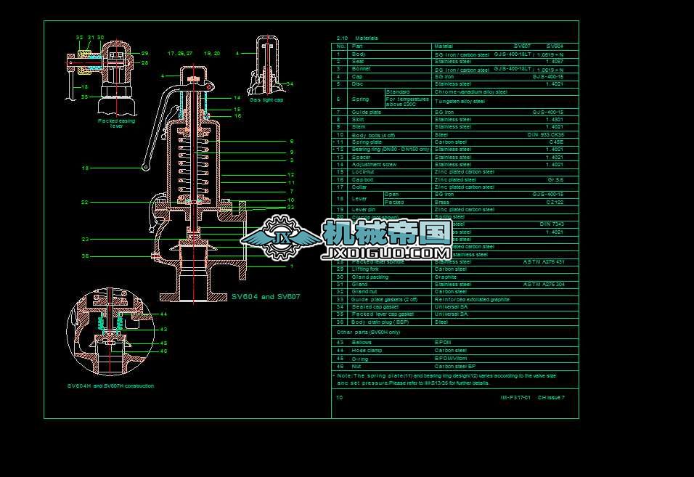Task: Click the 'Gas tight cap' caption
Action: point(266,99)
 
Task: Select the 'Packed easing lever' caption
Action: point(116,123)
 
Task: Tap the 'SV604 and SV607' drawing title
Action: point(266,296)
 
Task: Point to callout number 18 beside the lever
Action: point(85,168)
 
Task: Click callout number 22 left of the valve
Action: point(85,202)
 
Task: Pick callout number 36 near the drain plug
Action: point(85,256)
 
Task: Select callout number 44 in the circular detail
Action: point(163,314)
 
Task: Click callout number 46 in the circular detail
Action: point(163,351)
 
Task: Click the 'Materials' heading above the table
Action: point(367,38)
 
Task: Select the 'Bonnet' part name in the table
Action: point(361,69)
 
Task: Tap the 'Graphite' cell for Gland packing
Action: point(445,277)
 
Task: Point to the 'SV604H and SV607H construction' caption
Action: point(110,386)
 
